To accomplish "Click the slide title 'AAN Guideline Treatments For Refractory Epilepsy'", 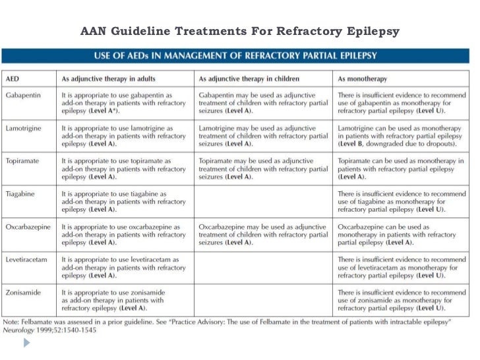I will pyautogui.click(x=240, y=31).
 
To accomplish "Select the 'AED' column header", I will pyautogui.click(x=13, y=78).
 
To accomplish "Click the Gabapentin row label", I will pyautogui.click(x=23, y=96).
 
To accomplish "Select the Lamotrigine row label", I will pyautogui.click(x=25, y=128).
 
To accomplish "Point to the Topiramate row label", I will pyautogui.click(x=24, y=161).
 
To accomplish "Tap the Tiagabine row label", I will pyautogui.click(x=22, y=194).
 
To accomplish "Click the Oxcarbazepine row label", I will pyautogui.click(x=28, y=227).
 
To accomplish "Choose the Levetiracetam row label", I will pyautogui.click(x=27, y=260).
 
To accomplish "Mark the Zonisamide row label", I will pyautogui.click(x=24, y=292).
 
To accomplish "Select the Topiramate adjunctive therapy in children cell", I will pyautogui.click(x=264, y=169).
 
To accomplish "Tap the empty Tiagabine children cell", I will pyautogui.click(x=264, y=201).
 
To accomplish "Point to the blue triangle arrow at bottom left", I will pyautogui.click(x=26, y=344).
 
